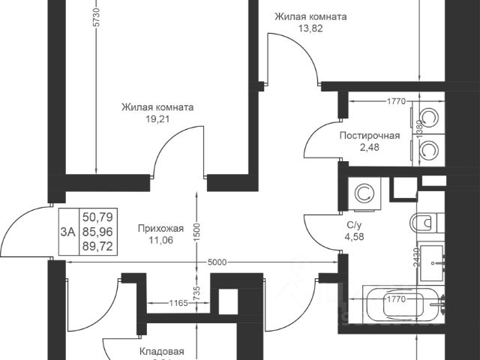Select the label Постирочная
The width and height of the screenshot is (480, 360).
click(x=369, y=136)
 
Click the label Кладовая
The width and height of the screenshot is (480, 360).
click(x=161, y=350)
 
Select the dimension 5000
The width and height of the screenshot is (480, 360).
click(x=217, y=262)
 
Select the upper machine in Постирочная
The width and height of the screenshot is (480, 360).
click(x=430, y=118)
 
